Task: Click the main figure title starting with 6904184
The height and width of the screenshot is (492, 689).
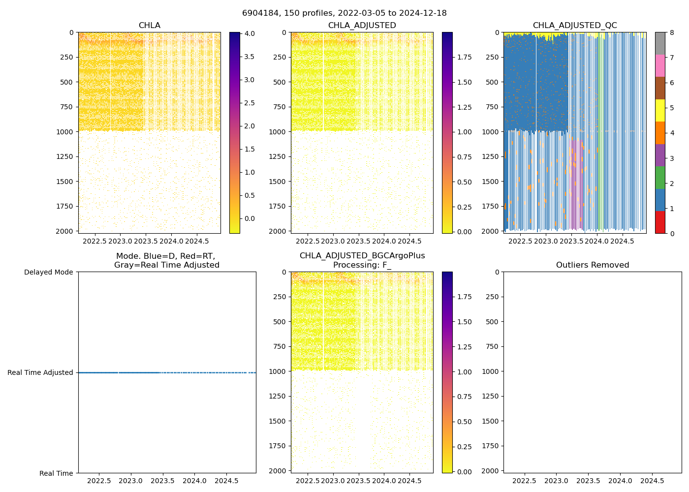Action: pos(344,13)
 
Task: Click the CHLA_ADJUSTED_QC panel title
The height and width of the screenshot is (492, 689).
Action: pos(574,26)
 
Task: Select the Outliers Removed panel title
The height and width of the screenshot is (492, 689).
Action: pos(592,265)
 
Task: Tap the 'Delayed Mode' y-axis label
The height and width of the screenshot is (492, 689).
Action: pos(48,272)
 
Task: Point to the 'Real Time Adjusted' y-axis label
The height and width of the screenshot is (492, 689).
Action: pos(40,373)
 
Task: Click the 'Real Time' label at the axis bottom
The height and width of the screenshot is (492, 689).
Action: pos(56,473)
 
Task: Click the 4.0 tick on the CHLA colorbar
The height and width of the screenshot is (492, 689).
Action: pos(250,33)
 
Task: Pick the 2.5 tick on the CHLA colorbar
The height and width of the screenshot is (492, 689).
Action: pos(250,103)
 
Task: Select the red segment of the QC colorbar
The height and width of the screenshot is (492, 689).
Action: pos(660,222)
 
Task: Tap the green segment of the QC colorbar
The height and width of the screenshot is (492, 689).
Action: pos(660,178)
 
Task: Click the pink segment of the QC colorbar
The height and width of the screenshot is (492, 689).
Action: pos(660,65)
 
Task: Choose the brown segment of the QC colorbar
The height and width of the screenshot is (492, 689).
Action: pos(660,88)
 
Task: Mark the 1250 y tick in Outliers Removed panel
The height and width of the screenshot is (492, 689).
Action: pos(490,396)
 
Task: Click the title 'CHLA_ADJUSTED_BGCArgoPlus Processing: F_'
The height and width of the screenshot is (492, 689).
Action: pos(362,260)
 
